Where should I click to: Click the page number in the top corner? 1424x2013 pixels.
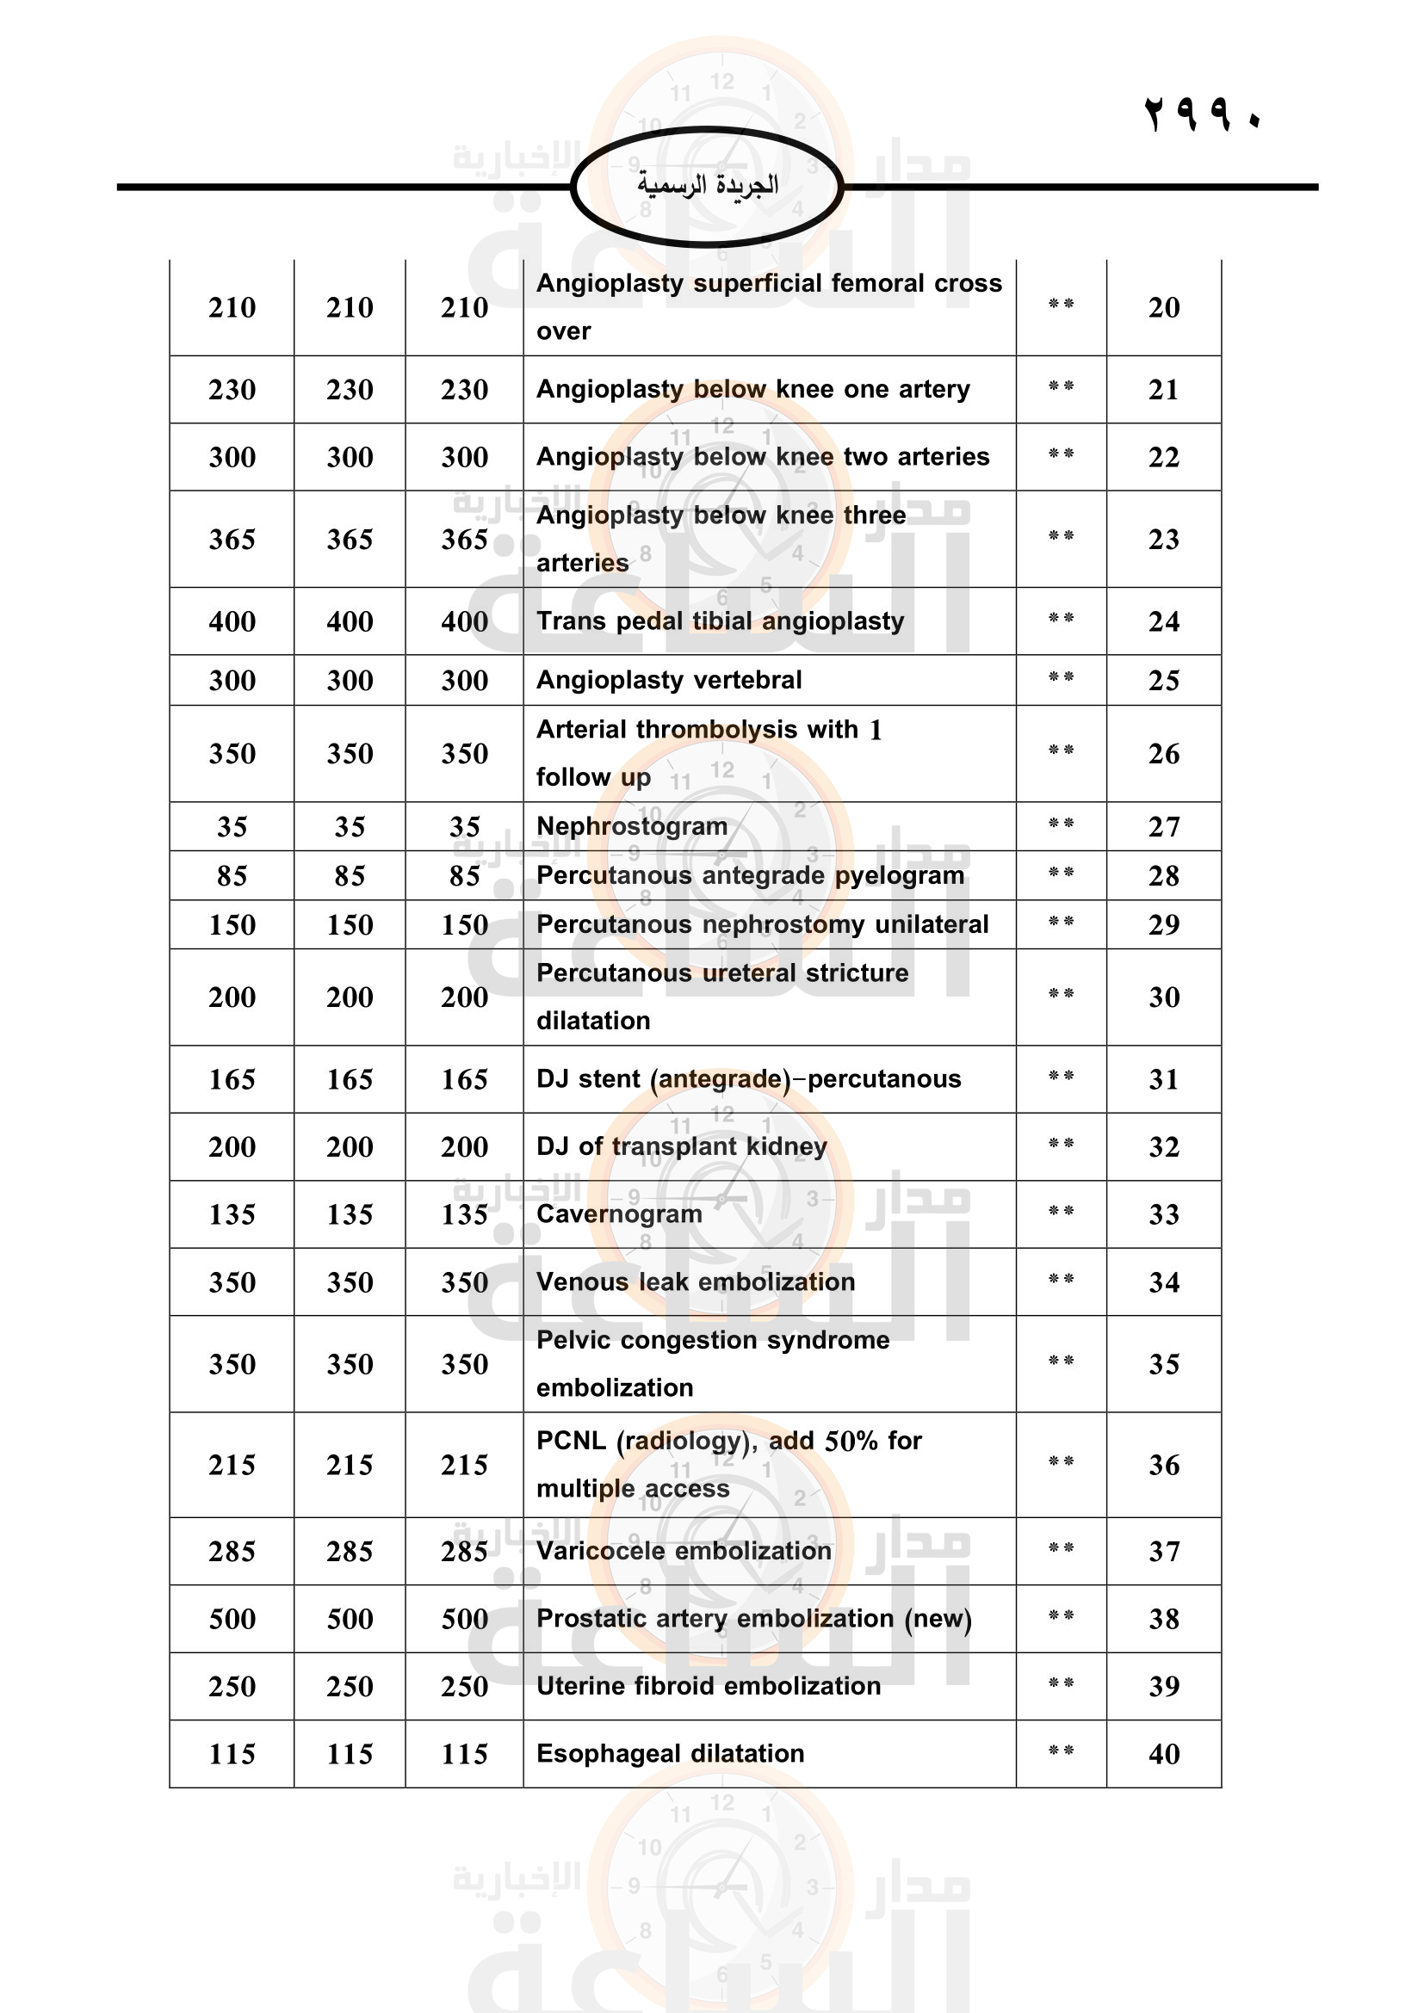[x=1202, y=114]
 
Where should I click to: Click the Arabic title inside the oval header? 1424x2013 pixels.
[x=708, y=185]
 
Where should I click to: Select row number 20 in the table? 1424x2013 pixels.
[x=1164, y=308]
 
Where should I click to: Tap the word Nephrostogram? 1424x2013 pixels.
[x=631, y=826]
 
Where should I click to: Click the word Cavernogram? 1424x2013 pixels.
[x=619, y=1214]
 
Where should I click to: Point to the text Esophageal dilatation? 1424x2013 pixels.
[x=670, y=1753]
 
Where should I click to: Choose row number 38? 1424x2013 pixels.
[x=1164, y=1620]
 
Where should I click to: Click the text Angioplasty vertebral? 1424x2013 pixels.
[x=669, y=681]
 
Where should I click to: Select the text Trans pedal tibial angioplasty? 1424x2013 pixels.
[x=720, y=621]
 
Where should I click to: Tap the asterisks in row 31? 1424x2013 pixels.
[x=1061, y=1077]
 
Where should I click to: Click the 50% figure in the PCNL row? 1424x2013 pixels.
[x=851, y=1442]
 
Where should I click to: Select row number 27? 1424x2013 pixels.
[x=1164, y=827]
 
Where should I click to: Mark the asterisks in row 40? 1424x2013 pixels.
[x=1061, y=1751]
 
